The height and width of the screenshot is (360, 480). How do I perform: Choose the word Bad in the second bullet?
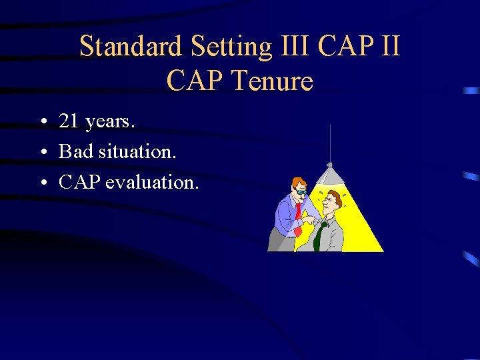[x=73, y=152]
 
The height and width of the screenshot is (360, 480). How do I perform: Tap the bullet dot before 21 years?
[x=42, y=123]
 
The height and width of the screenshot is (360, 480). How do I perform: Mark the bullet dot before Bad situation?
[x=42, y=153]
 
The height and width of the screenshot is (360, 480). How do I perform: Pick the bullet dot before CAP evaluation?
[x=42, y=183]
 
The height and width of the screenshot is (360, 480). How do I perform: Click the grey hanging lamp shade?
[x=330, y=175]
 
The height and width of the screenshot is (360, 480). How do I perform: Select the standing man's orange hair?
[x=299, y=181]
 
